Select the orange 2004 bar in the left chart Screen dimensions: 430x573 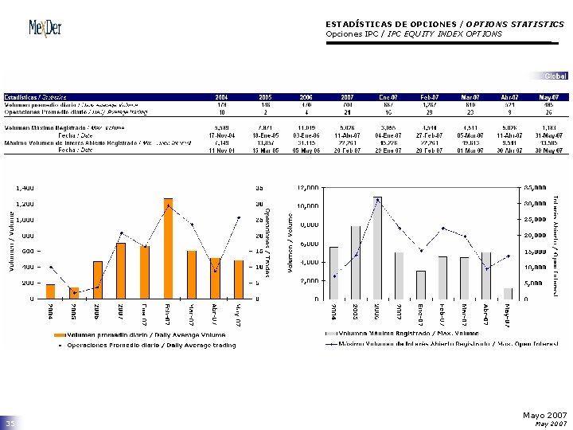(51, 291)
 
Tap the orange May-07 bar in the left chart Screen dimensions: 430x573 (238, 279)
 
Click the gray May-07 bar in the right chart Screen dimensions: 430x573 (508, 294)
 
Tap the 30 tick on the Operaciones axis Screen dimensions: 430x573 (259, 204)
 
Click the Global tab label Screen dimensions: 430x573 (555, 76)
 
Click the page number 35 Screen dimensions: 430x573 (11, 423)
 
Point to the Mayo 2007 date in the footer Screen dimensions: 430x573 (545, 415)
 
